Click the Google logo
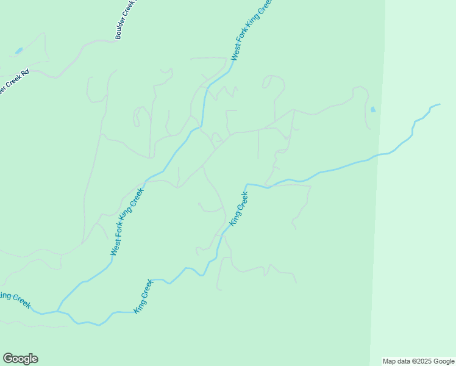(20, 359)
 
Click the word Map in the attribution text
(390, 361)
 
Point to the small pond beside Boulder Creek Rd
(19, 50)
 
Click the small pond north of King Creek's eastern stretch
(373, 110)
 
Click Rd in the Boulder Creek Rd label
(25, 73)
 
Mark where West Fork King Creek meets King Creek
(58, 310)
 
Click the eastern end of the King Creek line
(439, 105)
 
